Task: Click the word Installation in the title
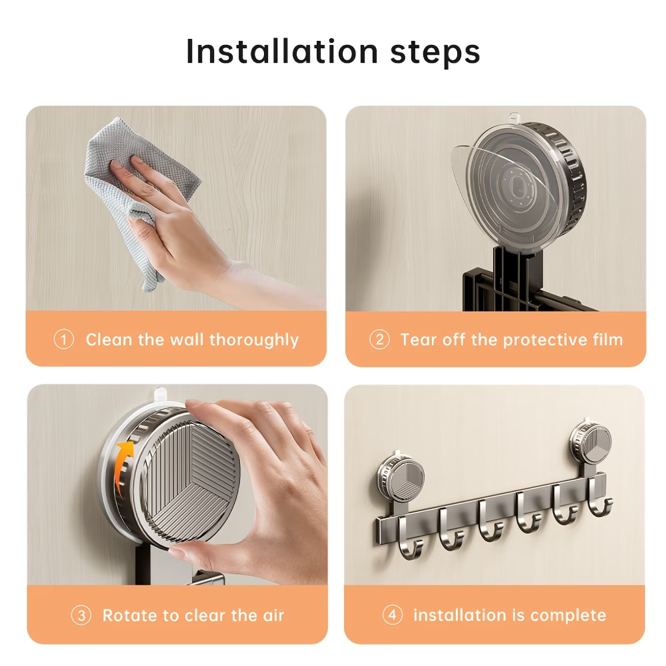coord(282,51)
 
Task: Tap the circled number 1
coord(64,340)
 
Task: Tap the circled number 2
coord(379,340)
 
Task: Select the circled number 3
coord(81,615)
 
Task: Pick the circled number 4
coord(392,615)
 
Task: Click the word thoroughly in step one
coord(254,341)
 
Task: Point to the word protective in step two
coord(543,341)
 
